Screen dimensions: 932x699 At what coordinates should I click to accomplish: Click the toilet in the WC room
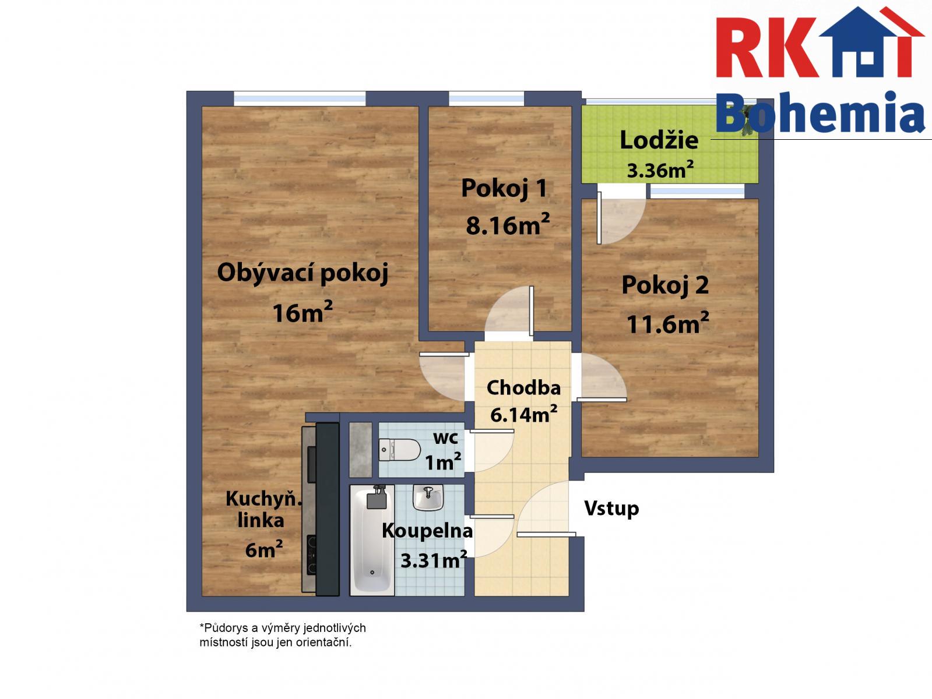[x=399, y=450]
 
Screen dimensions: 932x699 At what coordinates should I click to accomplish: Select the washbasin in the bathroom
[x=428, y=497]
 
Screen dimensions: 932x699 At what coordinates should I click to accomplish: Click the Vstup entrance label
[x=611, y=508]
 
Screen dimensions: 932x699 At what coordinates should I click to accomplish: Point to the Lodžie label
[x=659, y=140]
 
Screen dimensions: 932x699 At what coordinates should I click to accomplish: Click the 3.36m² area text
[x=660, y=170]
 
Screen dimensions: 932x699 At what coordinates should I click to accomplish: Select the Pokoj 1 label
[x=504, y=188]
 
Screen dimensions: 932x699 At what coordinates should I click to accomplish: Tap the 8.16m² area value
[x=508, y=224]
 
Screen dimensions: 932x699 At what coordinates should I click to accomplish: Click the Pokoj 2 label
[x=666, y=285]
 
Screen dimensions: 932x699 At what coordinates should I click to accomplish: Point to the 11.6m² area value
[x=668, y=323]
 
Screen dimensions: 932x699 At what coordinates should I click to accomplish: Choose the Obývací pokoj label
[x=303, y=273]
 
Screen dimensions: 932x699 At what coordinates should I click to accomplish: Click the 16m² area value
[x=303, y=312]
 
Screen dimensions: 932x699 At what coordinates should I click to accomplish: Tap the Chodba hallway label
[x=523, y=388]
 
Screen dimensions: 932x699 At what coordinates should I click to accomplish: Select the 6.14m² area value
[x=523, y=414]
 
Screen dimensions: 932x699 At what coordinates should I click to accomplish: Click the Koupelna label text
[x=427, y=531]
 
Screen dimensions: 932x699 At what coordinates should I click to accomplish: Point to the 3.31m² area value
[x=434, y=560]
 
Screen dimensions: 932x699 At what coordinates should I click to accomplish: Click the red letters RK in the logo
[x=766, y=48]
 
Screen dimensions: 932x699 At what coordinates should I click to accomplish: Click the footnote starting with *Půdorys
[x=282, y=635]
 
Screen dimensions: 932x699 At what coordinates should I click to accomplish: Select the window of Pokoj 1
[x=487, y=99]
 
